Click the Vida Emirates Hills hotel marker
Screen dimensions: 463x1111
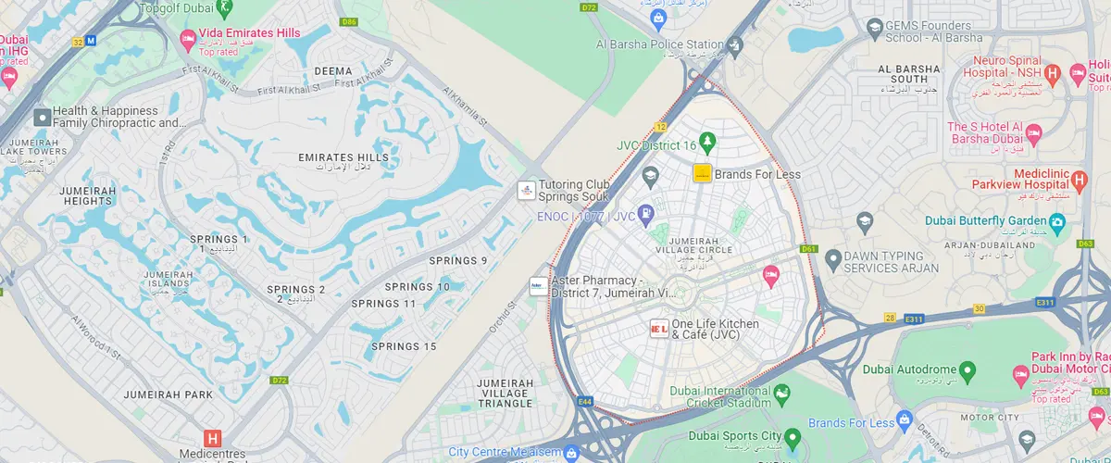tap(186, 38)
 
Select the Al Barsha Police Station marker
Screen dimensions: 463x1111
tap(735, 44)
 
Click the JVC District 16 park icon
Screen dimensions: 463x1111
tap(708, 144)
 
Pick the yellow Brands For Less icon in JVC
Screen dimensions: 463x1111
tap(702, 173)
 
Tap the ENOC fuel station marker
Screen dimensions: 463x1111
tap(644, 215)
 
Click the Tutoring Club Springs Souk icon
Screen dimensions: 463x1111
tap(526, 190)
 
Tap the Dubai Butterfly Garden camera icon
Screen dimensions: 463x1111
tap(1055, 221)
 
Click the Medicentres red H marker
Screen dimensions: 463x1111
tap(213, 439)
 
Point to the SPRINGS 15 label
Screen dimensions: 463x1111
tap(404, 346)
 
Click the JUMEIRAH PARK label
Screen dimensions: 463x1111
tap(169, 395)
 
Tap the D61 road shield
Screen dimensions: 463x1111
tap(810, 249)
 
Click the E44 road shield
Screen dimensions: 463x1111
tap(584, 401)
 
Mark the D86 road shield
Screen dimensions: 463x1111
tap(349, 21)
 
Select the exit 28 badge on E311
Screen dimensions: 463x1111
tap(890, 318)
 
